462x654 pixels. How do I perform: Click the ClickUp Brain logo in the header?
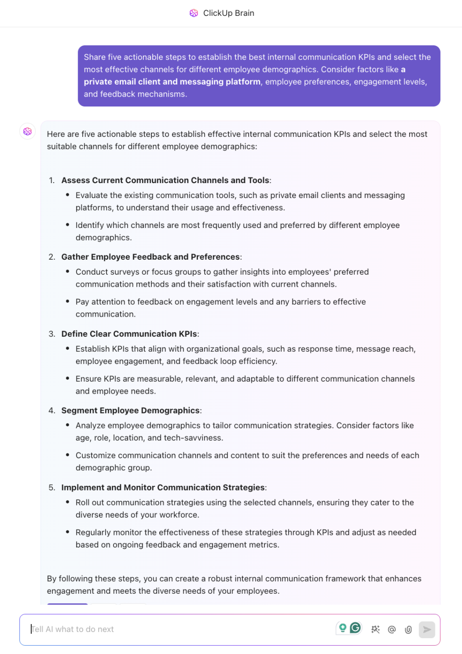tap(193, 13)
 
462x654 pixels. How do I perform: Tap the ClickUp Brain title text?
tap(228, 13)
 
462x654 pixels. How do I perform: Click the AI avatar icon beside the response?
tap(28, 131)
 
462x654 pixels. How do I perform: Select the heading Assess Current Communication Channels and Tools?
tap(165, 180)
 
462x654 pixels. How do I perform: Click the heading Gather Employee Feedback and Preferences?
tap(150, 257)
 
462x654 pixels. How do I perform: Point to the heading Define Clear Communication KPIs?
tap(129, 334)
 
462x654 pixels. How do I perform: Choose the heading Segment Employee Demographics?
tap(130, 411)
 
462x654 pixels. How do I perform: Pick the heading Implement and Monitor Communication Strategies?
tap(163, 488)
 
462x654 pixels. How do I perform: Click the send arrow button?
tap(426, 629)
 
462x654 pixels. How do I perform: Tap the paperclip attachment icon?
tap(408, 629)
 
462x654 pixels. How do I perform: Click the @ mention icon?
tap(392, 629)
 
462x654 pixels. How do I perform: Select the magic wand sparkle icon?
tap(375, 629)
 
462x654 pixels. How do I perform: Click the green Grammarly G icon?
tap(355, 628)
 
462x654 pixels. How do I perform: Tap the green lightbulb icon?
tap(342, 628)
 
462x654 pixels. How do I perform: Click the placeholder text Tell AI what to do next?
tap(73, 629)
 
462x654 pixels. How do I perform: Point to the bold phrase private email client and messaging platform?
tap(172, 82)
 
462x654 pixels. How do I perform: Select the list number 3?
tap(51, 334)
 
